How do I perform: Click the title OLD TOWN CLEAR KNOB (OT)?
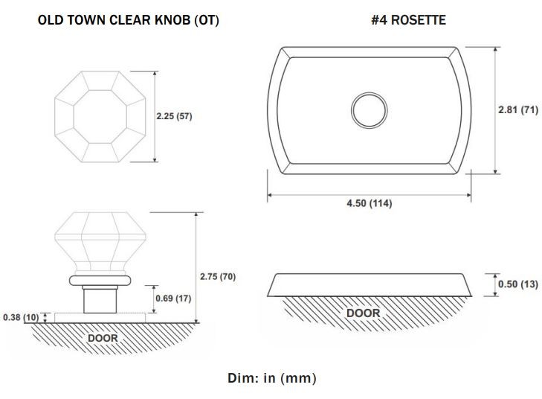coord(128,20)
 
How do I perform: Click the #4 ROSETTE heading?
coord(409,19)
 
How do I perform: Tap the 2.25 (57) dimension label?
coord(174,116)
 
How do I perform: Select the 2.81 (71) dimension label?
coord(518,109)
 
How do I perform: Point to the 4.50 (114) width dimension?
coord(370,202)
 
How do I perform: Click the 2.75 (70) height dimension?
coord(218,276)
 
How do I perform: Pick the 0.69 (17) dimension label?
coord(173,298)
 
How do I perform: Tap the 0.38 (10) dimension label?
coord(21,317)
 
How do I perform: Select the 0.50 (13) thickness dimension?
coord(518,284)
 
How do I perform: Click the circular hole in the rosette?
coord(370,93)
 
